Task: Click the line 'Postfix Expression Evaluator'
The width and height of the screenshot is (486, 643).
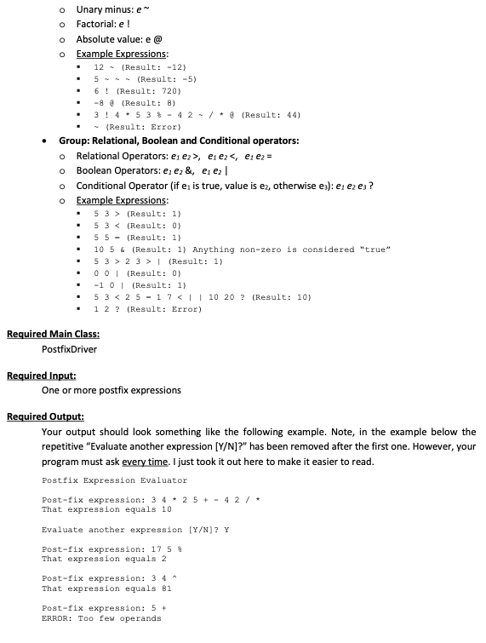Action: click(x=114, y=481)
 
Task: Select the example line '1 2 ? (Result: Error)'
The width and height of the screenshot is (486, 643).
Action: click(x=147, y=309)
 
